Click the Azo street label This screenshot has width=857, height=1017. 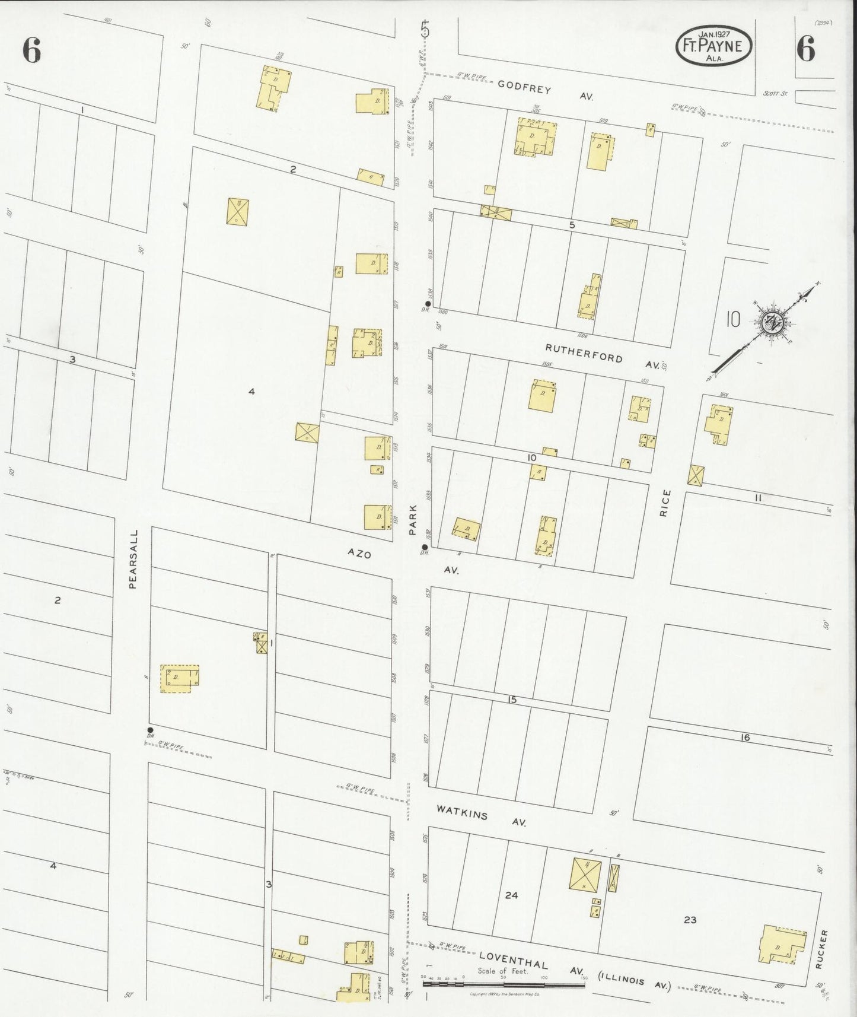[x=359, y=554]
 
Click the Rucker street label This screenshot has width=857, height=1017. [x=820, y=949]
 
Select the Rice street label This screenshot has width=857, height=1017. [x=665, y=503]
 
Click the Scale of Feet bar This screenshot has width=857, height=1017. [x=504, y=984]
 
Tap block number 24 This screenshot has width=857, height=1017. [x=511, y=895]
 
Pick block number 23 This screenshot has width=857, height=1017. [x=690, y=920]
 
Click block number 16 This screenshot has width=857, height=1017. [x=746, y=738]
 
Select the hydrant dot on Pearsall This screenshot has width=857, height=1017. [x=150, y=730]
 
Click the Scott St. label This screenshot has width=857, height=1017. [x=776, y=93]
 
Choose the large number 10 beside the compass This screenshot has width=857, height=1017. [x=733, y=320]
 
